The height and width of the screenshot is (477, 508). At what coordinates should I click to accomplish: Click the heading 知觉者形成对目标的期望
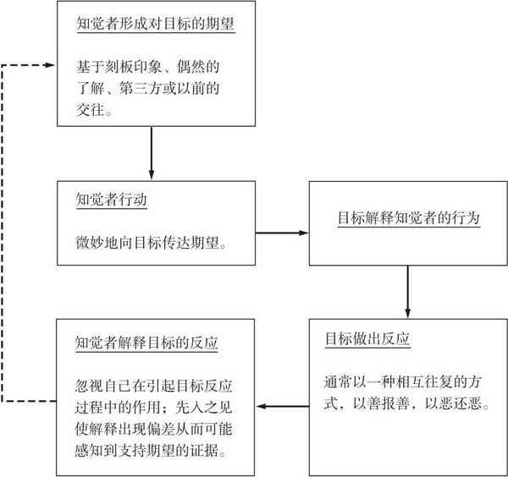155,24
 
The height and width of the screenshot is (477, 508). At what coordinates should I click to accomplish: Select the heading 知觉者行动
112,200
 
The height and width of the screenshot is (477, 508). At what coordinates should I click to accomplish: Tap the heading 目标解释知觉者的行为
409,217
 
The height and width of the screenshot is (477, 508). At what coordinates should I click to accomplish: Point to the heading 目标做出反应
367,339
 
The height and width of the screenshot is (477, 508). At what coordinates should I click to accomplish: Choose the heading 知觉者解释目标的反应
146,343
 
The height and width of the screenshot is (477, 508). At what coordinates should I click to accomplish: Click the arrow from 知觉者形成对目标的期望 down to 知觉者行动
152,153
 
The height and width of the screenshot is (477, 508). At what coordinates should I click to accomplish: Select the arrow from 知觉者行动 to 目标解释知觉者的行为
282,233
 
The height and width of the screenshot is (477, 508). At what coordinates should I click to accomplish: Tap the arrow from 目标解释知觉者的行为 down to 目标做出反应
407,292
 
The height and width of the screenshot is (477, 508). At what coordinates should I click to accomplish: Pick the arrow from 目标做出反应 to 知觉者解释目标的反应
282,406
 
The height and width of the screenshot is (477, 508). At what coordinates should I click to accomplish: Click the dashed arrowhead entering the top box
50,65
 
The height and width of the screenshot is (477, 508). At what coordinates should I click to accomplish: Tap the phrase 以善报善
381,403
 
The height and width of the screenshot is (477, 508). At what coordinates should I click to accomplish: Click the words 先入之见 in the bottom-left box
204,408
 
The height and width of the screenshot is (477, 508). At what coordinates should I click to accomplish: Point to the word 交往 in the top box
91,110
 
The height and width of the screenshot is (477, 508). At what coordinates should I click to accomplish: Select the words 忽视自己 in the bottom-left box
103,386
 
